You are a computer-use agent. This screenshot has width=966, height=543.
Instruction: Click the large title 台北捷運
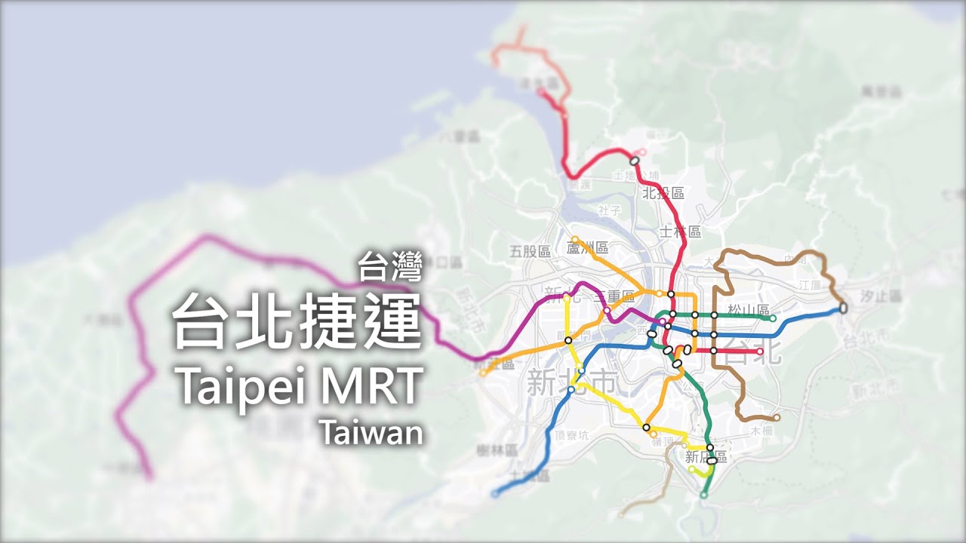pyautogui.click(x=297, y=320)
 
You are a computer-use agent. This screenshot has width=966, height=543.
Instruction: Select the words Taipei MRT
pyautogui.click(x=297, y=385)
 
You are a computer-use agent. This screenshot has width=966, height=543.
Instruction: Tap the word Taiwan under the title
pyautogui.click(x=371, y=433)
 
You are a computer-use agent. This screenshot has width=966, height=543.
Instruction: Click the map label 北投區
pyautogui.click(x=663, y=193)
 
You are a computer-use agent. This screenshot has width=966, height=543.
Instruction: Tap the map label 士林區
pyautogui.click(x=680, y=232)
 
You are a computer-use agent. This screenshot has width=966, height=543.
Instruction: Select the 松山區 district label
pyautogui.click(x=748, y=310)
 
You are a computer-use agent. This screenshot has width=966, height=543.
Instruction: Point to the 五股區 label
pyautogui.click(x=530, y=251)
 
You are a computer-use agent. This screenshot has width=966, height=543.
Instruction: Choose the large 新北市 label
pyautogui.click(x=571, y=382)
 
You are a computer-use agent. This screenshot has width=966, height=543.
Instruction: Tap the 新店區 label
pyautogui.click(x=706, y=457)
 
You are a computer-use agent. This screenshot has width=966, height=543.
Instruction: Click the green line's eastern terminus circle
pyautogui.click(x=773, y=318)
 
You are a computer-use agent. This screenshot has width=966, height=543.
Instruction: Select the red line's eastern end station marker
pyautogui.click(x=760, y=351)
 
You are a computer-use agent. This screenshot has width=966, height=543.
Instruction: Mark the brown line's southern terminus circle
pyautogui.click(x=777, y=417)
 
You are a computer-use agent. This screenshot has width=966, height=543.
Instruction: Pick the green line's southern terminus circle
pyautogui.click(x=703, y=495)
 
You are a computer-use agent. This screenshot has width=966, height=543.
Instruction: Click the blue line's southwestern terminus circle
pyautogui.click(x=494, y=494)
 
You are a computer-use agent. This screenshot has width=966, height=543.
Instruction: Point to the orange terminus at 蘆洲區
pyautogui.click(x=574, y=240)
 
